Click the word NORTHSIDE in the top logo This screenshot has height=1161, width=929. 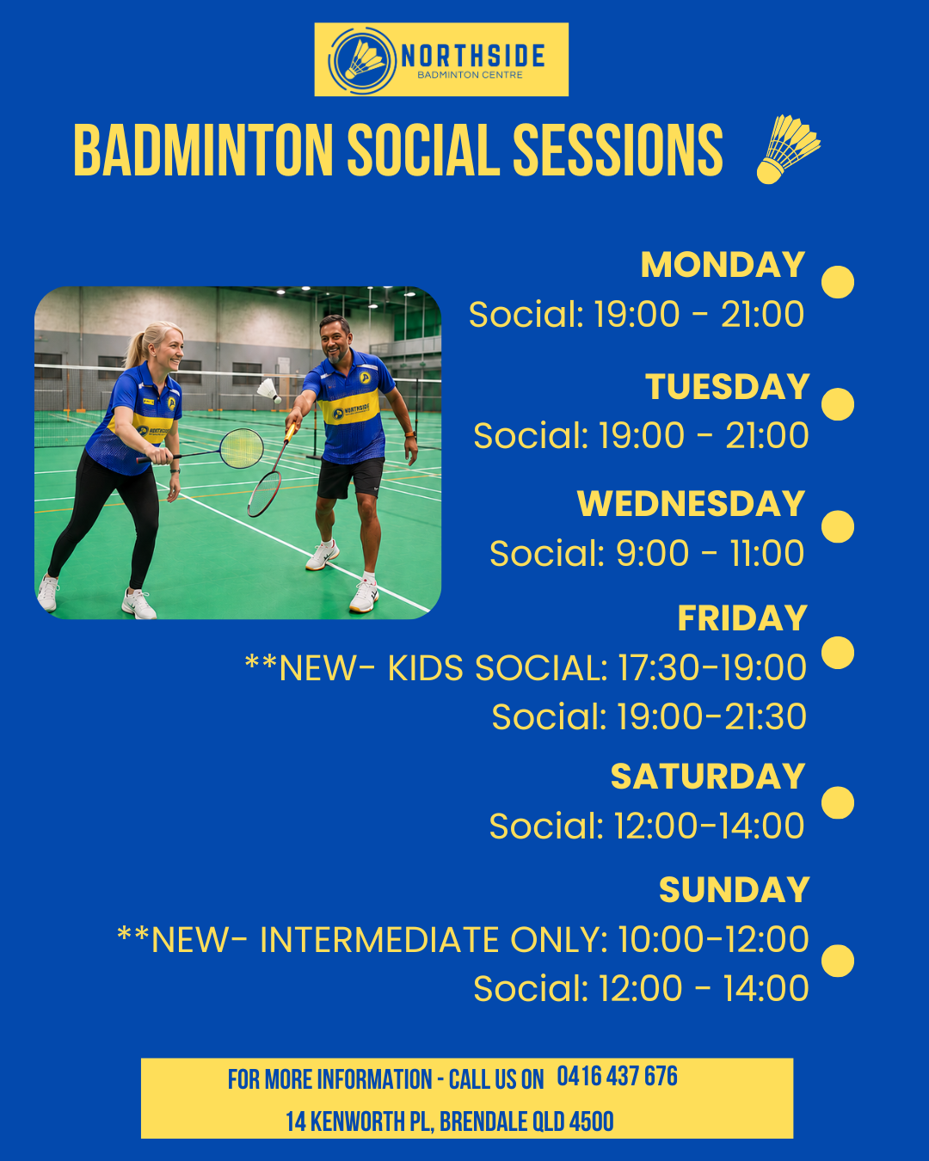(473, 55)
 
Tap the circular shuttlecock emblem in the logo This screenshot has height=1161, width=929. (361, 60)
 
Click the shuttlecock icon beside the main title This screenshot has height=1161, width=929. (788, 150)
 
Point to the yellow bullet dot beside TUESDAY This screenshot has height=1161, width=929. (837, 404)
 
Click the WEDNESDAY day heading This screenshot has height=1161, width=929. (691, 504)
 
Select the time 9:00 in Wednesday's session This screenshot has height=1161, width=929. (653, 553)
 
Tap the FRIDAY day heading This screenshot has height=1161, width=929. (742, 617)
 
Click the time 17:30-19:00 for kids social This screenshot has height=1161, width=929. (712, 667)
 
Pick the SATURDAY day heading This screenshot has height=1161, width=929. (708, 777)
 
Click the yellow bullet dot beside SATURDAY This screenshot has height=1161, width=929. (837, 802)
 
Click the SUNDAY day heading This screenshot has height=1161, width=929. (734, 889)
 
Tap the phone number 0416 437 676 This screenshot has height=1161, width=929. (617, 1077)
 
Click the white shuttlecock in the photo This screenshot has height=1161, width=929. (269, 390)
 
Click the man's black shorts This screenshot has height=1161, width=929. (350, 478)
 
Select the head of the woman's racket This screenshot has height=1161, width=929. (242, 448)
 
